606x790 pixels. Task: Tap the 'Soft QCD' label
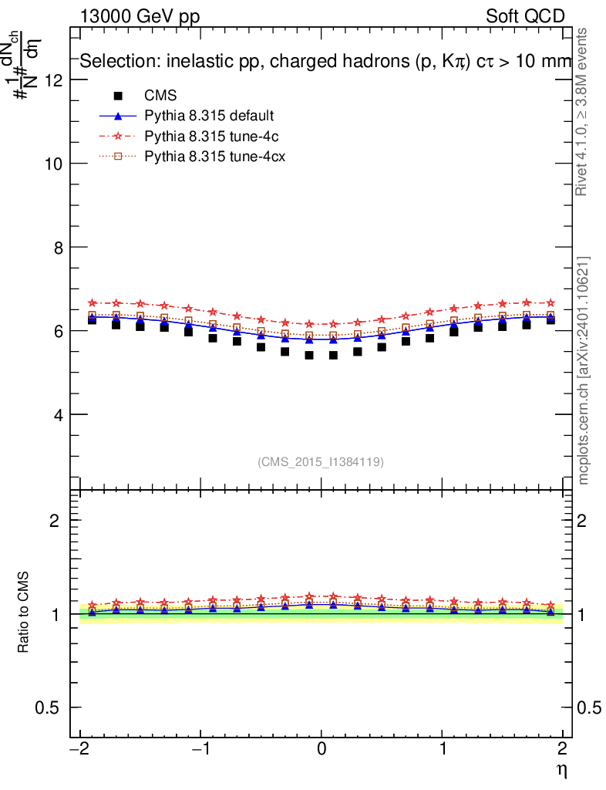pyautogui.click(x=525, y=16)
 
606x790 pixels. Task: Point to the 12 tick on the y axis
pyautogui.click(x=54, y=80)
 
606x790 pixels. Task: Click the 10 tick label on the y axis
pyautogui.click(x=54, y=164)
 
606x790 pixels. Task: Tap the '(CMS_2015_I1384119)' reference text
pyautogui.click(x=321, y=461)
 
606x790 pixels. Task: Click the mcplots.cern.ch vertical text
pyautogui.click(x=584, y=370)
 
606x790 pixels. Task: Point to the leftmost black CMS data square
pyautogui.click(x=92, y=319)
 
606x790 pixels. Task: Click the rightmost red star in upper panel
pyautogui.click(x=550, y=303)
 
